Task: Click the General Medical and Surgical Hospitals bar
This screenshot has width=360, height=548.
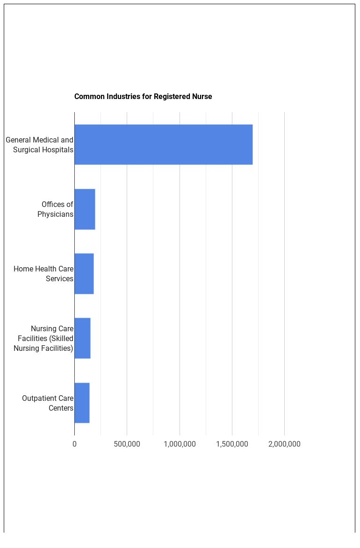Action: coord(163,144)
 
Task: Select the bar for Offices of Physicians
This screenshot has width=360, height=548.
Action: coord(85,209)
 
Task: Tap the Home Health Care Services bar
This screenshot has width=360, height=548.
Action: coord(84,274)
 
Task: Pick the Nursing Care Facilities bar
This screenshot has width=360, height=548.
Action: coord(82,338)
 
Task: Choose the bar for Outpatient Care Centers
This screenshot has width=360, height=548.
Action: coord(82,403)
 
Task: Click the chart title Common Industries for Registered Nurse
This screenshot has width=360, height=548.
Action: coord(143,97)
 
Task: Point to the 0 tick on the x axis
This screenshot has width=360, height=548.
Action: coord(74,444)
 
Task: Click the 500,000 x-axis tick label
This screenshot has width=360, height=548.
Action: coord(127,444)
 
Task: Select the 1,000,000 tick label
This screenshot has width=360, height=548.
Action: coord(180,444)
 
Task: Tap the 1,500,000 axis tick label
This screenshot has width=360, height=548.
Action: coord(232,444)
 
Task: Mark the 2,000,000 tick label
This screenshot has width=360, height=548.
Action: coord(284,444)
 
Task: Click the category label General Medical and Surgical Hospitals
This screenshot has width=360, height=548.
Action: coord(40,145)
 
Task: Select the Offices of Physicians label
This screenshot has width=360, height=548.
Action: coord(56,209)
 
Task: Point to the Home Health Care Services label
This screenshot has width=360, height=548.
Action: coord(43,274)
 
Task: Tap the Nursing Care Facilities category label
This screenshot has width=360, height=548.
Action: coord(43,338)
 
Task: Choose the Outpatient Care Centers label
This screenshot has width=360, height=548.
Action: coord(48,403)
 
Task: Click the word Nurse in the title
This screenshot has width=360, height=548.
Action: coord(202,97)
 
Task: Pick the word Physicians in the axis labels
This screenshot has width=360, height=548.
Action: coord(56,214)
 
